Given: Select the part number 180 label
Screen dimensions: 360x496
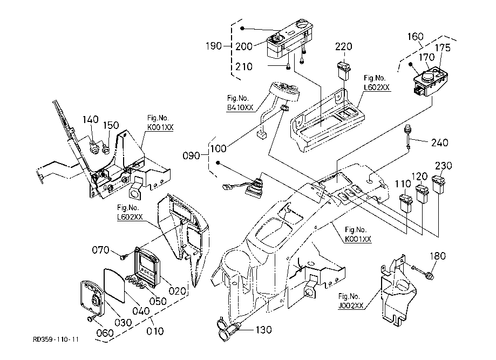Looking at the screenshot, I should [438, 256].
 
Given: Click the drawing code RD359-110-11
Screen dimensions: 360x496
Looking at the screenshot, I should [56, 340].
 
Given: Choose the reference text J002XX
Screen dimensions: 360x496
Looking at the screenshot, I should [350, 305].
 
